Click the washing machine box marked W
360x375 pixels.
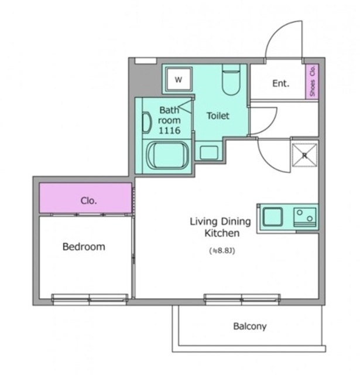[179, 80]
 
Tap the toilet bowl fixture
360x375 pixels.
[231, 80]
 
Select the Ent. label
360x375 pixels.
[281, 83]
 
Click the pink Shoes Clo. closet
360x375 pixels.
[312, 81]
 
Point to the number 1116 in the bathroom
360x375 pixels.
[169, 130]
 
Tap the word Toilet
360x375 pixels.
[218, 116]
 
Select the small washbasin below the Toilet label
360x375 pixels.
[209, 152]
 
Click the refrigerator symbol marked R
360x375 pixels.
[304, 155]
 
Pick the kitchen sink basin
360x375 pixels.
[273, 217]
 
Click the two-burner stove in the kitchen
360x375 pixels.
[305, 217]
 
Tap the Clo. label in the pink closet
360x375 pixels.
[88, 200]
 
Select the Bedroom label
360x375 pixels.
[84, 247]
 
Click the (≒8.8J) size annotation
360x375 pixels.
[222, 251]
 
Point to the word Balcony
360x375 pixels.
[250, 326]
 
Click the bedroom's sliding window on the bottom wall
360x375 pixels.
[90, 299]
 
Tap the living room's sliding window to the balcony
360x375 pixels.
[242, 299]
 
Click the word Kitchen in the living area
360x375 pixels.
[222, 233]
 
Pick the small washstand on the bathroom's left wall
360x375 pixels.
[147, 122]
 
